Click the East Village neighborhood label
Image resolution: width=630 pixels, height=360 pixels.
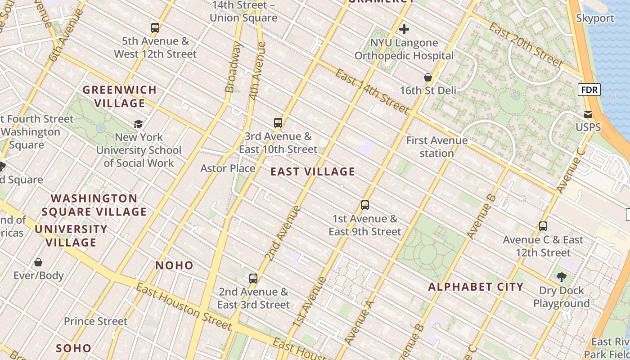coord(313,171)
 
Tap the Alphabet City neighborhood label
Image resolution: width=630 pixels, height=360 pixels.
coord(476,287)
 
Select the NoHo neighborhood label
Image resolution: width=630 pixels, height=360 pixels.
coord(174,265)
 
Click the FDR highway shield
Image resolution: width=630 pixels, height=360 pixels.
coord(589,90)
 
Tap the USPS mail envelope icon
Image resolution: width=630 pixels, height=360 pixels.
coord(588,114)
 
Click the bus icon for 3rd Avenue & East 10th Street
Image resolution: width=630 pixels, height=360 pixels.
coord(278,122)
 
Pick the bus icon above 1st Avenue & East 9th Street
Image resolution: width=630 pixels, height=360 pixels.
coord(365,205)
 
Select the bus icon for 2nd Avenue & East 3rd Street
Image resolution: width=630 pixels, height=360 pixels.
coord(253,278)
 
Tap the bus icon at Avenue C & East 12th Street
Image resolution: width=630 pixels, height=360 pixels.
coord(543,226)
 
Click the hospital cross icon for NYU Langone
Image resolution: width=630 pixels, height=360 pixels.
coord(404,30)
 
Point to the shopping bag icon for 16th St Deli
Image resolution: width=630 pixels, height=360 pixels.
coord(428,77)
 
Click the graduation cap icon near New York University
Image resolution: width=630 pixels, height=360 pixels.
coord(139,124)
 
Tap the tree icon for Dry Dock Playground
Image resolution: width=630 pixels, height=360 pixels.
coord(561,277)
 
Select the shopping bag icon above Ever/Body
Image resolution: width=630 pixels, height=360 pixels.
coord(38,262)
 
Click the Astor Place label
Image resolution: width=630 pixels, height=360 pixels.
coord(228,169)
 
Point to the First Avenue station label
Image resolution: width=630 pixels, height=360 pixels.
coord(436,147)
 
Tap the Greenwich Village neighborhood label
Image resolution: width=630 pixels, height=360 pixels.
coord(120,96)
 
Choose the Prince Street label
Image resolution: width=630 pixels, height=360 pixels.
coord(95,321)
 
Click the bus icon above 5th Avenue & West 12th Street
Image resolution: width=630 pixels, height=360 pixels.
coord(155,28)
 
